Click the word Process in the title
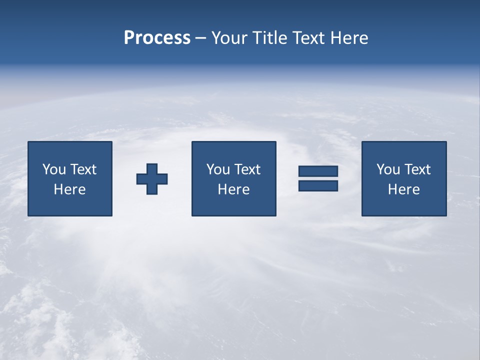tap(157, 38)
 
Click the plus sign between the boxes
tap(152, 178)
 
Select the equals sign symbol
tap(318, 178)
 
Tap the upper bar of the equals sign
tap(318, 171)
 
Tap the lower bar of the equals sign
tap(318, 185)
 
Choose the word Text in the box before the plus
tap(83, 169)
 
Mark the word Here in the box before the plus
tap(69, 189)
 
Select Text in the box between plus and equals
tap(247, 169)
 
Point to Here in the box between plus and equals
tap(233, 189)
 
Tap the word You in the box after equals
tap(388, 169)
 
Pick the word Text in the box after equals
tap(417, 169)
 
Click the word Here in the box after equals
tap(403, 189)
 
